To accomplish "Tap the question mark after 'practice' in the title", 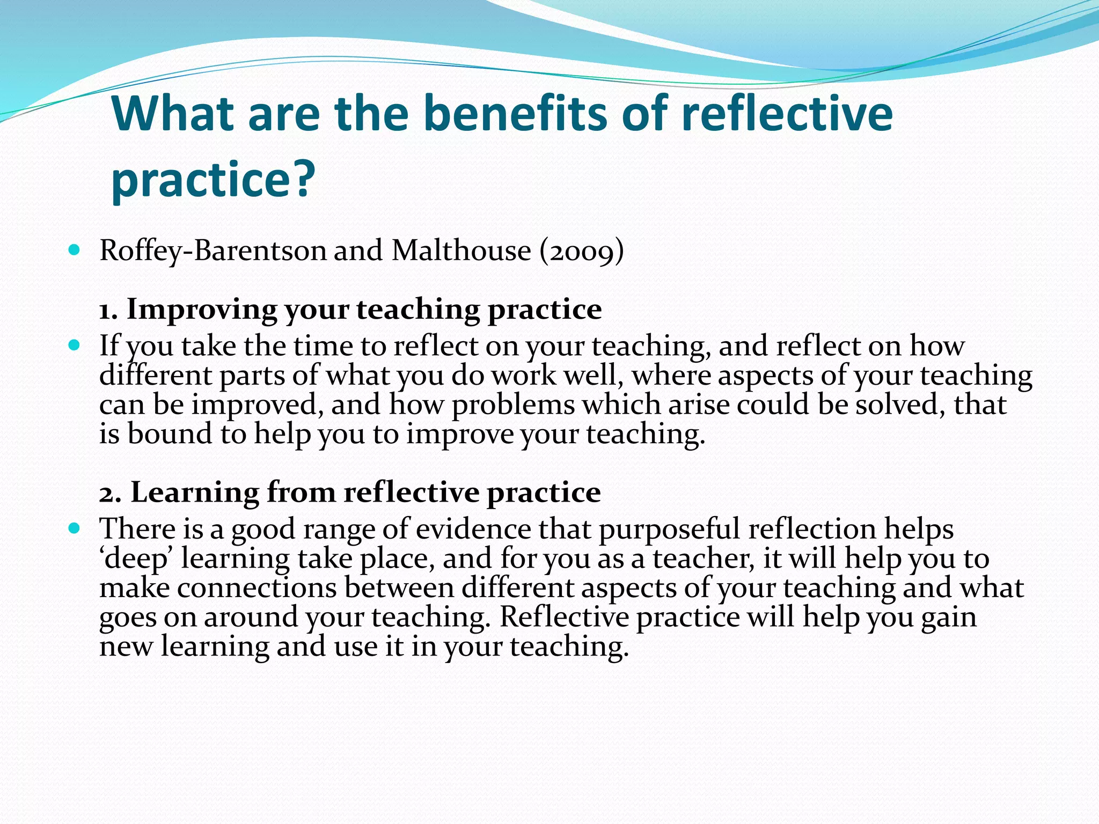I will [x=304, y=179].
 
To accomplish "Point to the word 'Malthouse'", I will [x=461, y=251].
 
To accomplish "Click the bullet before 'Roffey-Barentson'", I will [x=75, y=250].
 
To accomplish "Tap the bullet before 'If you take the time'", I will [x=75, y=345].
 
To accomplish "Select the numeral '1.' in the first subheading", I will [x=108, y=310].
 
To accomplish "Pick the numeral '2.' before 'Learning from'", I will [x=110, y=492].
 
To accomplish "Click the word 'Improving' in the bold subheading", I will [x=202, y=310].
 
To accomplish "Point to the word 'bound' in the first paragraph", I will [x=170, y=433].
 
